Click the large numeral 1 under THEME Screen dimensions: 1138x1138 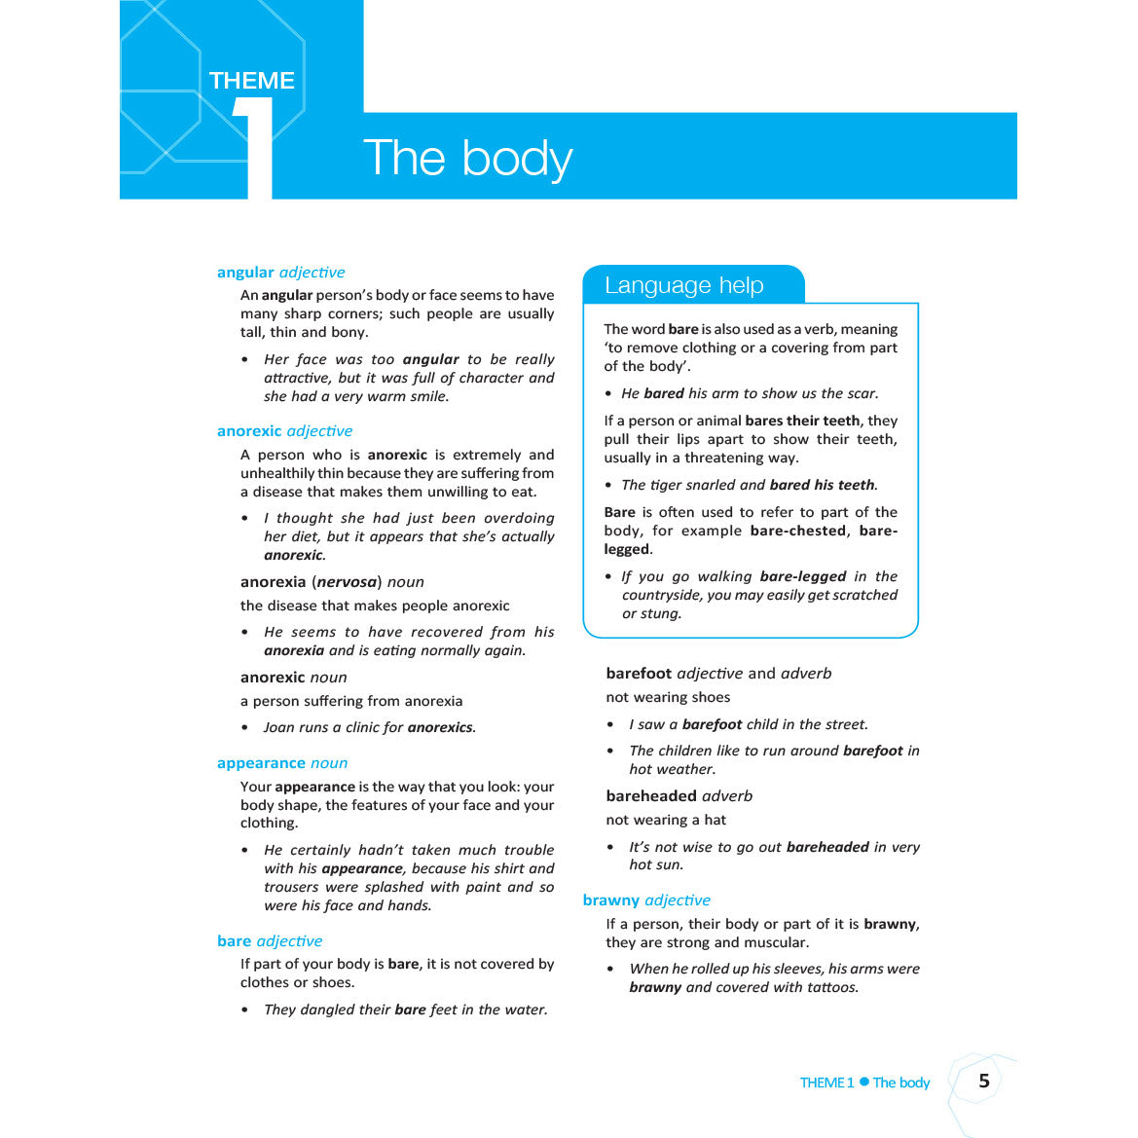[255, 146]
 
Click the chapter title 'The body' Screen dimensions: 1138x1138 [467, 158]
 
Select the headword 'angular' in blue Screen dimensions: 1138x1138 [245, 273]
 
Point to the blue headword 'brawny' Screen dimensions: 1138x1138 [611, 900]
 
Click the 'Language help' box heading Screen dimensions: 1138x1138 [683, 285]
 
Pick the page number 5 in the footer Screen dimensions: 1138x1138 [984, 1081]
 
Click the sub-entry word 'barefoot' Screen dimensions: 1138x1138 [639, 674]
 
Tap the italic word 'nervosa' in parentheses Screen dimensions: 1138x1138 [347, 582]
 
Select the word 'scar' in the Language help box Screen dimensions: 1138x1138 [861, 393]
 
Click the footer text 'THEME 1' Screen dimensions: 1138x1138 [826, 1083]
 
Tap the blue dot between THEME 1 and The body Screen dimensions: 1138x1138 [863, 1082]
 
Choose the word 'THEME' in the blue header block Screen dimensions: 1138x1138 [251, 81]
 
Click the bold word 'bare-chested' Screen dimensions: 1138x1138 [798, 531]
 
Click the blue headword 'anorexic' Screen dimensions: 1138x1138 [249, 431]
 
